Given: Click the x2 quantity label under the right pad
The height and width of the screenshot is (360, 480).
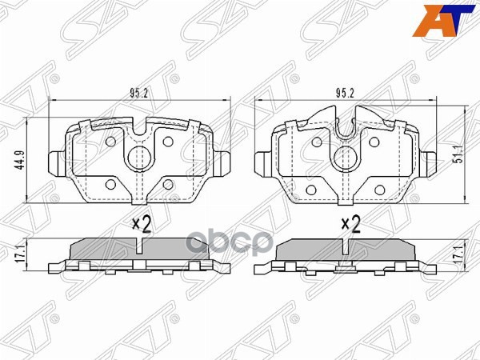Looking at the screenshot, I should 350,223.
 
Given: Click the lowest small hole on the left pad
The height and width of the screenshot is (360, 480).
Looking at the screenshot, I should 167,185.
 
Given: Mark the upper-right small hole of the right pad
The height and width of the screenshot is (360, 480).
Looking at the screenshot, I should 373,142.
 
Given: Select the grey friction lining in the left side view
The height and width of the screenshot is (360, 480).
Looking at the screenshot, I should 140,250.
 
